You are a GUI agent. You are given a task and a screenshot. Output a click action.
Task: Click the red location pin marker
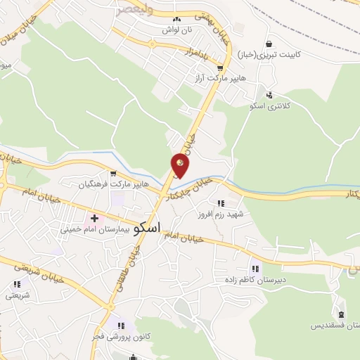[x=179, y=166]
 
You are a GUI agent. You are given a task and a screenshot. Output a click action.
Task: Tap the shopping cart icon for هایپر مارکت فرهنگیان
[x=113, y=172]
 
